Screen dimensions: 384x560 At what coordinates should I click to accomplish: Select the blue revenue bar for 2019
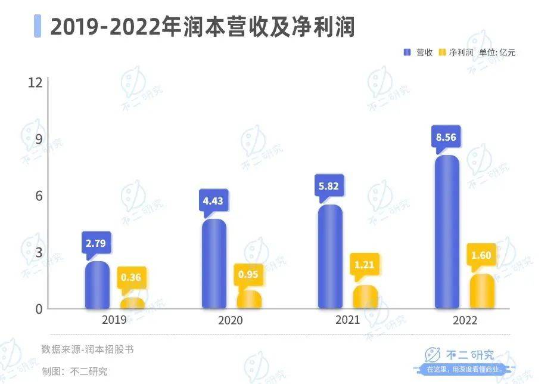97,286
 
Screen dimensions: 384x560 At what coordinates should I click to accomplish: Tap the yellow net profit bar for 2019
132,304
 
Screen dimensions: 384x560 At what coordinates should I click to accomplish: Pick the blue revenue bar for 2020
214,264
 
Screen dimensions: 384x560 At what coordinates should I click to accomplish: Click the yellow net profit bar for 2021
365,298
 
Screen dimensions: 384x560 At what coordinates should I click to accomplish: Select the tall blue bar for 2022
446,233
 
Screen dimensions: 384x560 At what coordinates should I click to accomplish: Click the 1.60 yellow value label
481,255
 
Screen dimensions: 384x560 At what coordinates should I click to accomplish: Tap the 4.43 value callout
213,201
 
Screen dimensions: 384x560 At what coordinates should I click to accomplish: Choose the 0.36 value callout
131,277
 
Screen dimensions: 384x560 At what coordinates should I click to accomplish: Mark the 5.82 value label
329,186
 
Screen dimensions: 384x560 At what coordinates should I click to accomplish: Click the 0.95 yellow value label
248,274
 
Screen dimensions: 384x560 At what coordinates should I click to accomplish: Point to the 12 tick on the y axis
35,82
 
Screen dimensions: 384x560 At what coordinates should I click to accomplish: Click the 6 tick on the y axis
39,196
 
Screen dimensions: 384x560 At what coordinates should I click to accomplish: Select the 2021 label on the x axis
347,320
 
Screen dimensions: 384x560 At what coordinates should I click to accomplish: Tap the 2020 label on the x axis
231,320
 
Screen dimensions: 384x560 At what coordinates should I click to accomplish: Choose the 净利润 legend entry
456,52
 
